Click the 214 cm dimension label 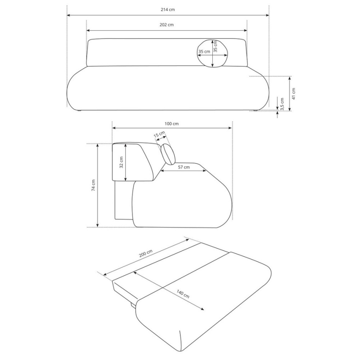168,10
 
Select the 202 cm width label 167,25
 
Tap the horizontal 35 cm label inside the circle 204,52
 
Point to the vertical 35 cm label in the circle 215,46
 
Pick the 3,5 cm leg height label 282,103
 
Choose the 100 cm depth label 172,124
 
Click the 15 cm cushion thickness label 159,135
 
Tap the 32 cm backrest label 122,162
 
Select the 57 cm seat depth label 183,167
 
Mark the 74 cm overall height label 94,185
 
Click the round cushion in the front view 212,53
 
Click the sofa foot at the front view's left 79,111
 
